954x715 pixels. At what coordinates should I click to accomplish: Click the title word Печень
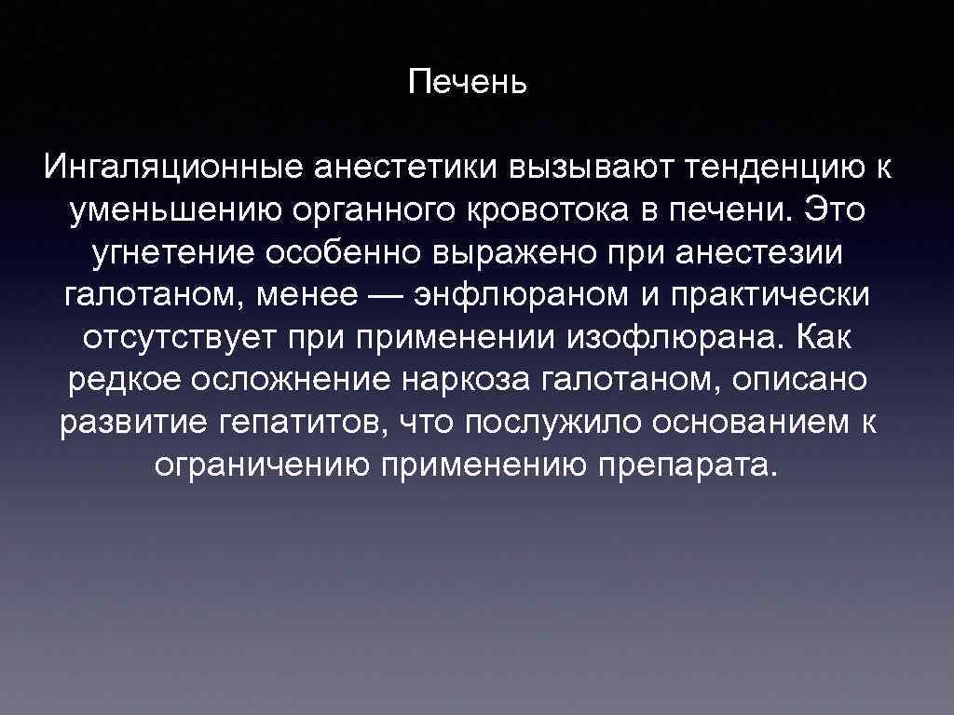(469, 84)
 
